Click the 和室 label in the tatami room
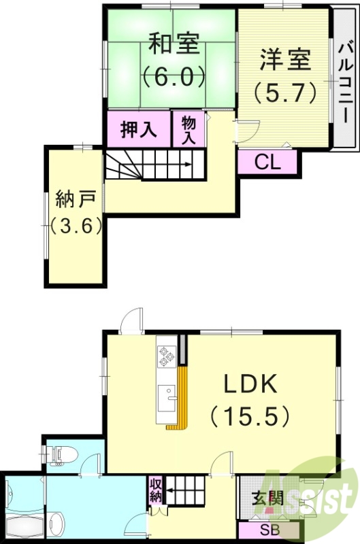[174, 45]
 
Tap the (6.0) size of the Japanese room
[174, 75]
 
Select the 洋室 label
[284, 59]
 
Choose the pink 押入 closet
[138, 129]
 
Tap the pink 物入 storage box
[189, 129]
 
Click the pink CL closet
[267, 162]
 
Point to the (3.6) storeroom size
[76, 224]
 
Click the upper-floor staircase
[154, 166]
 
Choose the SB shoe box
[267, 529]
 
